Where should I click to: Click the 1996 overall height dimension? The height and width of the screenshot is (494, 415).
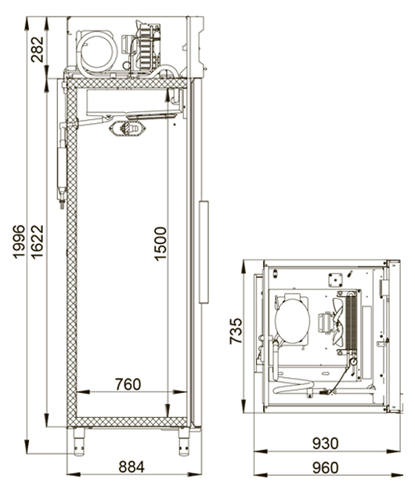tap(19, 242)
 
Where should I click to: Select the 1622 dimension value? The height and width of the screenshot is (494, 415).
tap(37, 242)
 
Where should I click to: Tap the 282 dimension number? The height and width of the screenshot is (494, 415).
tap(37, 49)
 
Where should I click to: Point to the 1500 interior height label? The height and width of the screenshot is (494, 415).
tap(161, 244)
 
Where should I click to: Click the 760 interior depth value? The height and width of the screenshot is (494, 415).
tap(128, 384)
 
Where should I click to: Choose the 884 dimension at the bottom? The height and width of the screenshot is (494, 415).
tap(132, 467)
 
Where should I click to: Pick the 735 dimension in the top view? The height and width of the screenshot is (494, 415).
tap(236, 331)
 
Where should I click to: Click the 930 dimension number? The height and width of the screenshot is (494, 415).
tap(325, 444)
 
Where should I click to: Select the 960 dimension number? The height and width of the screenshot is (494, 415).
tap(325, 467)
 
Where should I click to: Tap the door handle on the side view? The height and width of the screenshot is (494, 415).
tap(204, 252)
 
